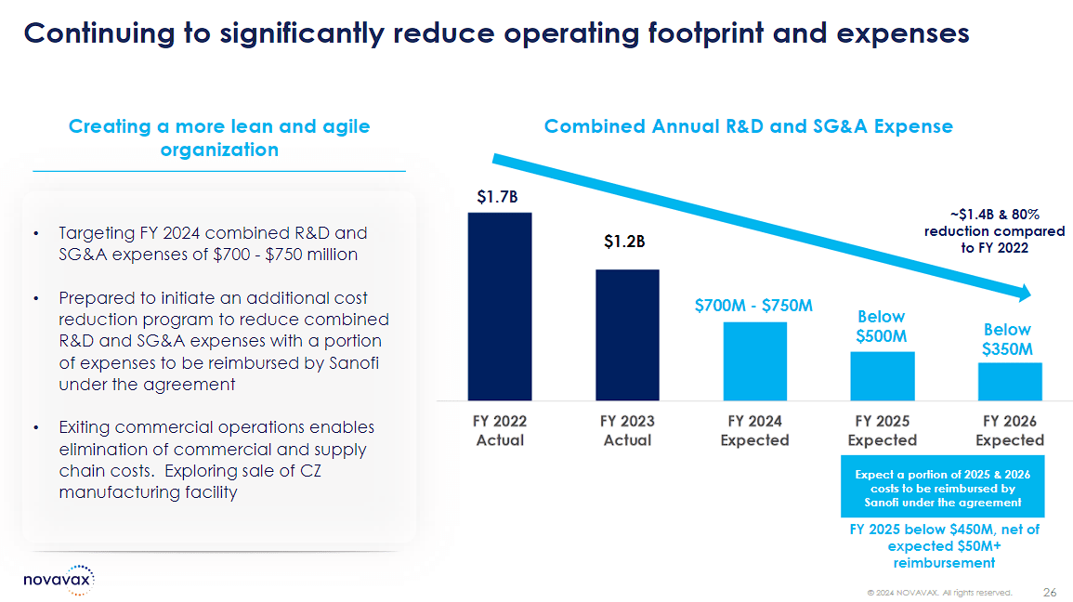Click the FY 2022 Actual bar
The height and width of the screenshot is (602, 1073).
coord(500,307)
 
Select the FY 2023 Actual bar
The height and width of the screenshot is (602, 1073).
coord(627,335)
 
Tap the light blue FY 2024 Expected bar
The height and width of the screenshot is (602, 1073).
coord(754,361)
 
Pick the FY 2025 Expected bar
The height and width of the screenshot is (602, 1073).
coord(882,376)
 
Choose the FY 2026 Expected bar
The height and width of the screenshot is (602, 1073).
coord(1010,382)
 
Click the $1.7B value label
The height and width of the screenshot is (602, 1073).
coord(498,197)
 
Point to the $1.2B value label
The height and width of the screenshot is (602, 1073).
coord(624,242)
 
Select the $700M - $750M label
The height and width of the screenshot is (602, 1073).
coord(753,305)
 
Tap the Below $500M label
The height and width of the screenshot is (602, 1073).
coord(882,326)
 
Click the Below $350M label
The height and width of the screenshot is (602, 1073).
coord(1007,339)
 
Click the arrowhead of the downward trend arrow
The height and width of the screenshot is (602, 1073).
coord(1025,293)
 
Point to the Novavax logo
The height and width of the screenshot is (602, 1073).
coord(59,580)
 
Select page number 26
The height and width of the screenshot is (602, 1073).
coord(1050,593)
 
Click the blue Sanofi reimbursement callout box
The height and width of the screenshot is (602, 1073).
coord(942,487)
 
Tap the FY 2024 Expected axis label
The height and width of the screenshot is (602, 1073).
coord(754,430)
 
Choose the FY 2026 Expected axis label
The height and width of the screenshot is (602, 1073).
coord(1010,430)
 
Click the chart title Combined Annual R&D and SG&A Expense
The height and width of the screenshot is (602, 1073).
coord(749,126)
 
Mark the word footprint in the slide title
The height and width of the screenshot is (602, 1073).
coord(705,33)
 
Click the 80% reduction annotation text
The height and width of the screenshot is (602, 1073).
coord(994,231)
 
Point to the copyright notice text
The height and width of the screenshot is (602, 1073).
coord(939,593)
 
